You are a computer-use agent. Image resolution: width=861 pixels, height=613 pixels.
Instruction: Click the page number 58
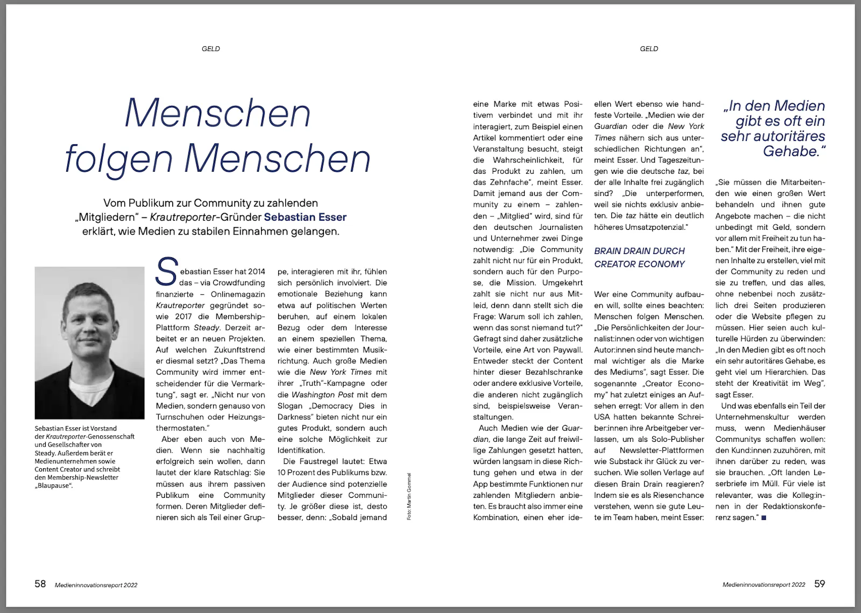click(40, 584)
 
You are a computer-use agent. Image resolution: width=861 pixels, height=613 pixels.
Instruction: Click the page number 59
click(819, 584)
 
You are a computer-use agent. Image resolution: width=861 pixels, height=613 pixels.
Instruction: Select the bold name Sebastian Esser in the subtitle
click(305, 217)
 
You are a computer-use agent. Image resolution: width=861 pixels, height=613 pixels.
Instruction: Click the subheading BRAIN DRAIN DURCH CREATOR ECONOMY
click(639, 257)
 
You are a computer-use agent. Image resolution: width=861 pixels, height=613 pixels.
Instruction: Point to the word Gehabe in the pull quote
click(791, 151)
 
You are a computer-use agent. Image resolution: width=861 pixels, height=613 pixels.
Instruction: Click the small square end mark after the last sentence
click(764, 518)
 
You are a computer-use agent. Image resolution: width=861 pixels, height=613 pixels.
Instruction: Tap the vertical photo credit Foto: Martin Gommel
click(409, 496)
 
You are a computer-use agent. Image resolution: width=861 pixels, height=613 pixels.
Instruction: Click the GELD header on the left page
click(210, 49)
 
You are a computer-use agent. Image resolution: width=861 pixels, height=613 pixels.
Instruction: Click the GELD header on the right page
click(648, 49)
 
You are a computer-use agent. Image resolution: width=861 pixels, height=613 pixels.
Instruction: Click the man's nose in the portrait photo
click(90, 328)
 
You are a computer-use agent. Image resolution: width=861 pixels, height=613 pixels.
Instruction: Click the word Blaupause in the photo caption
click(54, 485)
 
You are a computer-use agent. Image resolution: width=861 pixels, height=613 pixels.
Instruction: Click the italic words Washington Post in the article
click(322, 394)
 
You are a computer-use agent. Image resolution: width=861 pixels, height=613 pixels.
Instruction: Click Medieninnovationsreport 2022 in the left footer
click(96, 585)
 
